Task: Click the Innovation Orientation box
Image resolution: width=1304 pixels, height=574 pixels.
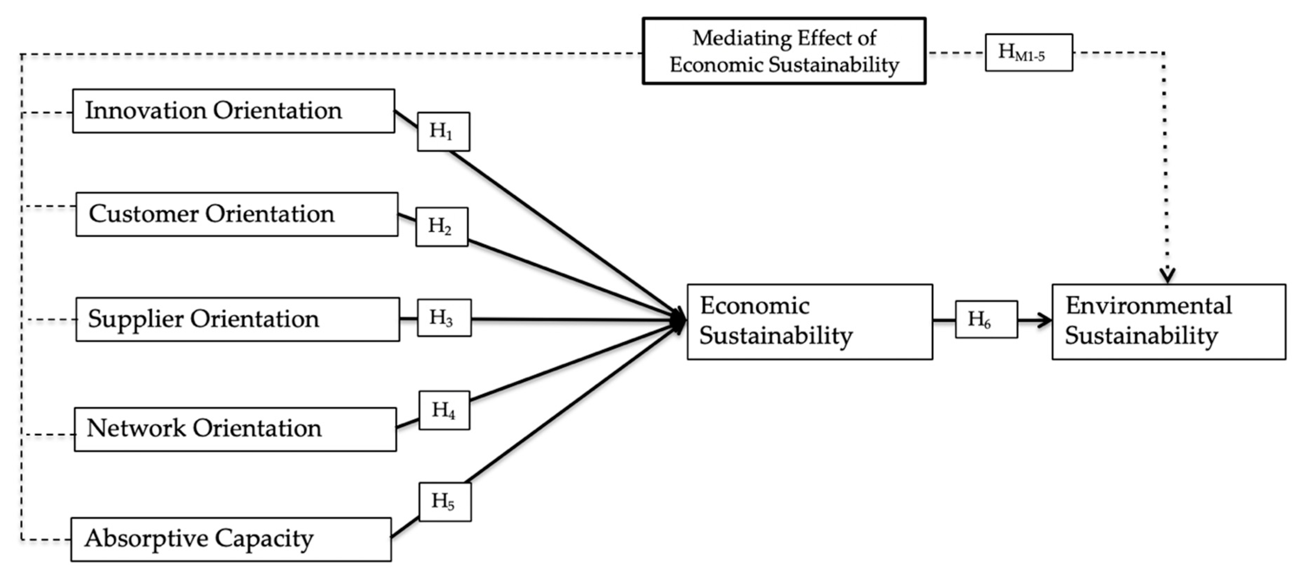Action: click(x=233, y=111)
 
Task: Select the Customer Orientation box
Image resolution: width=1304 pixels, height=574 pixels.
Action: click(x=237, y=214)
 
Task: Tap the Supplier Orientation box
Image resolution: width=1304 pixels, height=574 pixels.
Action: click(x=237, y=319)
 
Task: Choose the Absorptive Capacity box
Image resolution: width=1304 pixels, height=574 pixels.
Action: click(x=231, y=539)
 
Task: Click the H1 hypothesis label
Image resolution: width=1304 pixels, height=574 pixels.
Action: click(x=443, y=132)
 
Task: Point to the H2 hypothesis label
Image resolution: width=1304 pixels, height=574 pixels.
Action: click(x=441, y=227)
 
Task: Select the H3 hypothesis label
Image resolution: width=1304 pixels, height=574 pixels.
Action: click(x=444, y=318)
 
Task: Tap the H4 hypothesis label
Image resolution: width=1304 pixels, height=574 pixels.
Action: click(x=444, y=410)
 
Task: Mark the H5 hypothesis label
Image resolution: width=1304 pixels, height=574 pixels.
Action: click(x=444, y=502)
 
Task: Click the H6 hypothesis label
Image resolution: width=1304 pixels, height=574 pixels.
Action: click(x=986, y=319)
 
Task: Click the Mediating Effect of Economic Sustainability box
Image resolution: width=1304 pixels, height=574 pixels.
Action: click(x=784, y=51)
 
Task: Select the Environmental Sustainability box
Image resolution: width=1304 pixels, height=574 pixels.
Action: click(x=1168, y=322)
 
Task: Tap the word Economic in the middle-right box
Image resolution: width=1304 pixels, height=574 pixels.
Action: click(x=754, y=306)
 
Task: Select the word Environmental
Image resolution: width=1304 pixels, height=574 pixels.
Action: click(x=1148, y=306)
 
